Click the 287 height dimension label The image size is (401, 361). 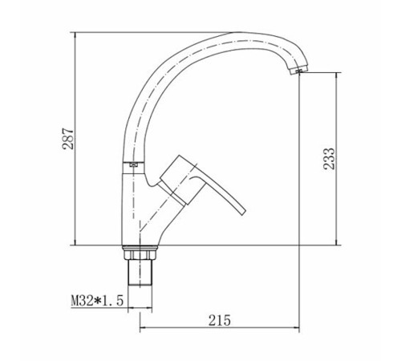(x=68, y=139)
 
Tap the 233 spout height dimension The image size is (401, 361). (x=329, y=159)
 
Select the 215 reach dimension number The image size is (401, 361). (x=219, y=320)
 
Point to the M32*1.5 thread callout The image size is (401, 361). (x=97, y=301)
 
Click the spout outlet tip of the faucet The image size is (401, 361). (x=298, y=71)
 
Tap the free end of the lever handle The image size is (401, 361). (x=243, y=211)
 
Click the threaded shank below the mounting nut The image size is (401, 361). (x=140, y=273)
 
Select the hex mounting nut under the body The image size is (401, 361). (x=140, y=254)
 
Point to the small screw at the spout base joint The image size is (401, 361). (x=134, y=164)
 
